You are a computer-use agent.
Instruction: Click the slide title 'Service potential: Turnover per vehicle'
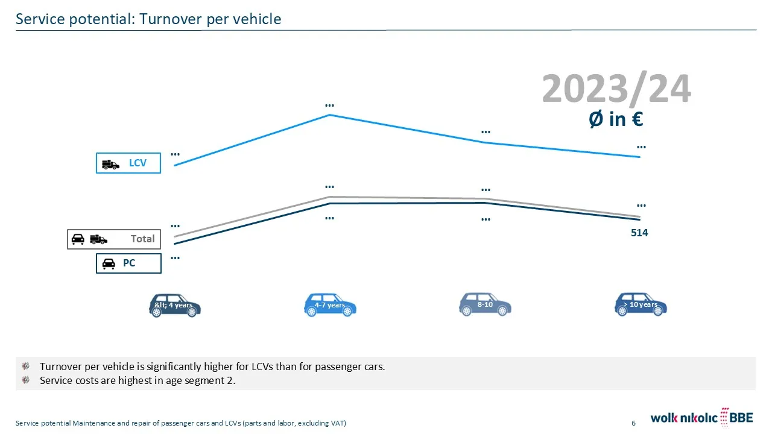click(x=148, y=19)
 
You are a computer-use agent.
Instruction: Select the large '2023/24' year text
click(x=616, y=89)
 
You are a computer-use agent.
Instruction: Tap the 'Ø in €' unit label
click(x=615, y=119)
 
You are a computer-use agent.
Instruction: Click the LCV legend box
click(x=128, y=163)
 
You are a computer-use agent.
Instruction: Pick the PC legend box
click(x=128, y=263)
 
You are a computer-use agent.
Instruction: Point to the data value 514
click(x=639, y=233)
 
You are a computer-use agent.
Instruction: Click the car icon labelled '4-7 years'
click(x=330, y=305)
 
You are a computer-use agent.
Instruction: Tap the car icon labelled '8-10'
click(x=485, y=304)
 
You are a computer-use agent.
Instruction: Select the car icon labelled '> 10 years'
click(x=640, y=304)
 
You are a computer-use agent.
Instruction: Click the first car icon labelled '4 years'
click(x=174, y=305)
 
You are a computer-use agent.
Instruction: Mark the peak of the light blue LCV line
click(x=329, y=115)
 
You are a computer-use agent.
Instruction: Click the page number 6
click(x=633, y=423)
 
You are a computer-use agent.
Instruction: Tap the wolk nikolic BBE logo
click(x=701, y=417)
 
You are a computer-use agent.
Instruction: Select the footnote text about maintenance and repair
click(x=181, y=423)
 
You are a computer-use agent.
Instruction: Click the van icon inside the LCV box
click(x=111, y=164)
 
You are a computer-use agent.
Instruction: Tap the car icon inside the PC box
click(x=109, y=264)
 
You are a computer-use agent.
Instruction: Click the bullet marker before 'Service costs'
click(x=25, y=380)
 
